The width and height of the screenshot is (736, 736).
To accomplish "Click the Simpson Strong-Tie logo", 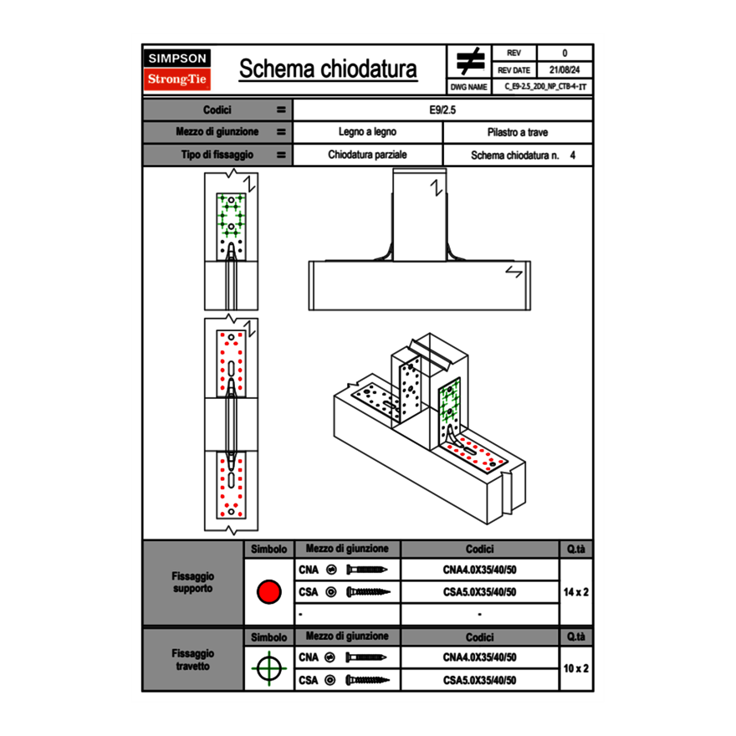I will click(178, 69).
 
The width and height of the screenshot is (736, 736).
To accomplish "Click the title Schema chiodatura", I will click(328, 69).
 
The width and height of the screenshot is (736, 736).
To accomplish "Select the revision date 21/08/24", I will click(565, 70).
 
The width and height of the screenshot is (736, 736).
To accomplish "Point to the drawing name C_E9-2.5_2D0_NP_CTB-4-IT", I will click(545, 87).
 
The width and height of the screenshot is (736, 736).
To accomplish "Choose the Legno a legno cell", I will click(367, 132).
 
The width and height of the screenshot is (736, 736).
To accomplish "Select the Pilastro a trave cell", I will click(518, 132).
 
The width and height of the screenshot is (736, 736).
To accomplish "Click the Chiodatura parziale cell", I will click(367, 155).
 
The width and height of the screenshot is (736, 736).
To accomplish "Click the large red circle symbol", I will click(268, 592).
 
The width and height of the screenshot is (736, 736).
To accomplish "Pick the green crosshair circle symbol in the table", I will click(268, 668).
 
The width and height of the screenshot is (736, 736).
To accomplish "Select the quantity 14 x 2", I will click(575, 592).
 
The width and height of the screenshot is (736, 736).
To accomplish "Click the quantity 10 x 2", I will click(575, 668).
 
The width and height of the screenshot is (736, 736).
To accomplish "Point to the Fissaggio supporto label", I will click(192, 582).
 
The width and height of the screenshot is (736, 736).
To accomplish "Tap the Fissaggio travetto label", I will click(192, 659).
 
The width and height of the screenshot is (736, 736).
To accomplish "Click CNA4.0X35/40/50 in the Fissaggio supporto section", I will click(479, 570).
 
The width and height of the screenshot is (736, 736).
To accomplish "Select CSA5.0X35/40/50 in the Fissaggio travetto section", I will click(479, 680).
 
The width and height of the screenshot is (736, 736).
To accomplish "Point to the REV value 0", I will click(565, 53).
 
